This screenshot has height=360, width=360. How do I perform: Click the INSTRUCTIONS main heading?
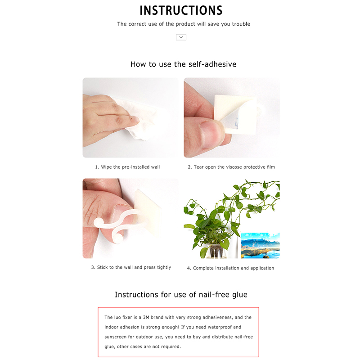181,10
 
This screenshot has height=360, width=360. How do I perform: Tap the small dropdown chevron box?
181,37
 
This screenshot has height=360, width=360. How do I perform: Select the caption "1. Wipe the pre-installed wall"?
127,167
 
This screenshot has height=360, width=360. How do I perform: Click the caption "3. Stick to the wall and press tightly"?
131,267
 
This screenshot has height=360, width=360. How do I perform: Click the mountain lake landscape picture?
261,245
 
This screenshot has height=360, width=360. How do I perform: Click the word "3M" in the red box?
146,318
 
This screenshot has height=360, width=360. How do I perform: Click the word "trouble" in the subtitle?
241,24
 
